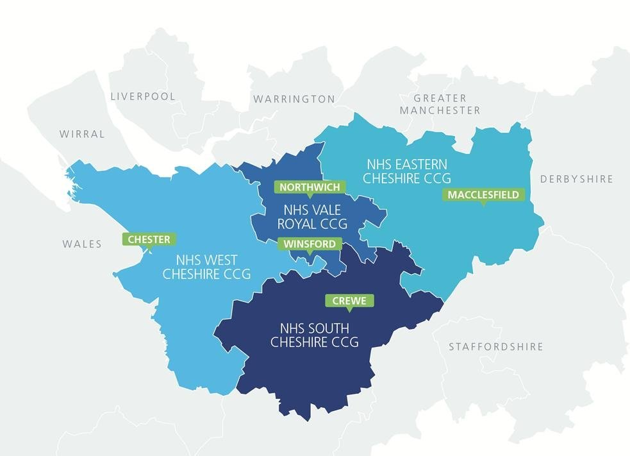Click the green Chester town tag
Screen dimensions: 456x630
(x=149, y=239)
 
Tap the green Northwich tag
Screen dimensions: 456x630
(x=310, y=187)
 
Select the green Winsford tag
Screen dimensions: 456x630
(x=310, y=244)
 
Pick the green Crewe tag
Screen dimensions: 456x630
(x=349, y=301)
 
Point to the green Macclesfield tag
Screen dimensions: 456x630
(x=483, y=194)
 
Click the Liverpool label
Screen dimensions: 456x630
(x=143, y=96)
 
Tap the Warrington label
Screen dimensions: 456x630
(x=294, y=99)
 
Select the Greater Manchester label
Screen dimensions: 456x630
(x=440, y=104)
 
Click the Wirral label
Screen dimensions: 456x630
(x=82, y=134)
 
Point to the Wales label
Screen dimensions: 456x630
(x=82, y=244)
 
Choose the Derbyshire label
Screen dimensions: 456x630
(x=577, y=179)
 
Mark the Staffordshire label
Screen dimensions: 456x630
(x=496, y=347)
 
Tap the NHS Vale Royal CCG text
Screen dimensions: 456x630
(x=315, y=217)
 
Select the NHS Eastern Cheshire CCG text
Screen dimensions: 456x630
(x=407, y=171)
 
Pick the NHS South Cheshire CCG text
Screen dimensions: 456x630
(x=314, y=335)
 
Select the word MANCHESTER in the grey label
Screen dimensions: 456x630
(x=440, y=110)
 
